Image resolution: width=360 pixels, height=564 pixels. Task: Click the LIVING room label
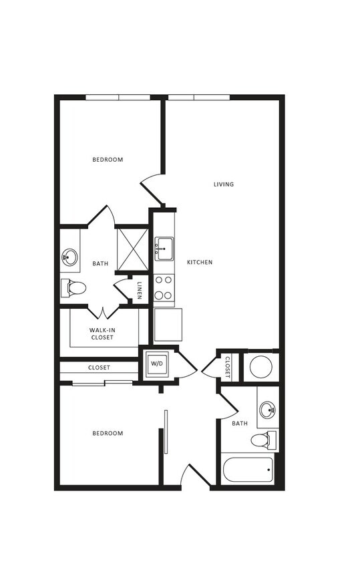[224, 184]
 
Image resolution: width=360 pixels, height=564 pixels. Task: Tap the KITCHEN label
[200, 263]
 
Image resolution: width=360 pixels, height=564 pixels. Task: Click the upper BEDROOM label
[108, 160]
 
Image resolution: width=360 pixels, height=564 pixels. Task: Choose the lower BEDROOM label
[108, 434]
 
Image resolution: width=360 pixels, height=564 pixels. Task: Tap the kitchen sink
[164, 249]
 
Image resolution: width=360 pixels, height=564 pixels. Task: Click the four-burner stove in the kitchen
[164, 288]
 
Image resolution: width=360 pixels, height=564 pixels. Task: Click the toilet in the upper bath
[74, 288]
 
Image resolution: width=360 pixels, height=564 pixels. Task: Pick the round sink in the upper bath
[70, 257]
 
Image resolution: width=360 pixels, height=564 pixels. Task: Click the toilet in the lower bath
[262, 440]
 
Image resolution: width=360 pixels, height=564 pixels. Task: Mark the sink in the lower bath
[268, 409]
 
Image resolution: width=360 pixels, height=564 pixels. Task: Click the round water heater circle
[260, 367]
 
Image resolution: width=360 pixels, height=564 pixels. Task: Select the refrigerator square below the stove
[168, 324]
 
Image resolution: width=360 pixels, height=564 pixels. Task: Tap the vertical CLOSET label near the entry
[227, 367]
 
